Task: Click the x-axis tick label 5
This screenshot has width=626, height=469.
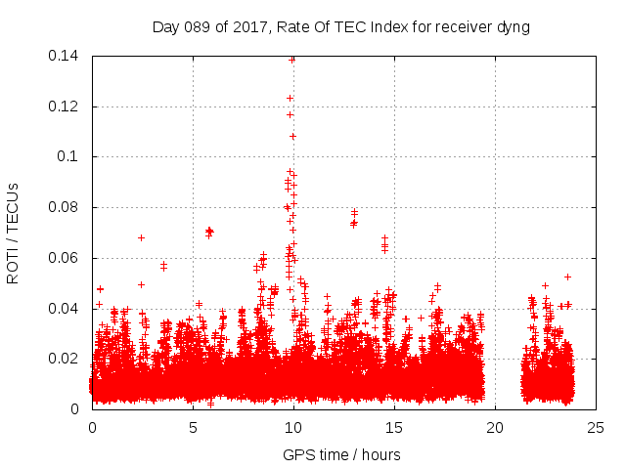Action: [x=193, y=427]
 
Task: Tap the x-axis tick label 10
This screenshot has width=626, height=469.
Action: [x=293, y=427]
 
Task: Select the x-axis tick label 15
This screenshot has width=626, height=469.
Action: [x=394, y=427]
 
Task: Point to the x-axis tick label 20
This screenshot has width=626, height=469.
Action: [x=495, y=427]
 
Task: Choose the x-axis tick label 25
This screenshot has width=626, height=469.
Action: [x=596, y=427]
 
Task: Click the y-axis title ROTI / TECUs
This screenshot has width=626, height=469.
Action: [x=14, y=233]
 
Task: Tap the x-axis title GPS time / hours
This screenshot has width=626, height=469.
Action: [x=341, y=454]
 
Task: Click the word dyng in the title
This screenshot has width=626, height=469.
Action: [x=512, y=27]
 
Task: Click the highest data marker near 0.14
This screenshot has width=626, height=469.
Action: [x=292, y=59]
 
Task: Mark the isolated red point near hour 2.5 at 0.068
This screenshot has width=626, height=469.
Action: [x=142, y=237]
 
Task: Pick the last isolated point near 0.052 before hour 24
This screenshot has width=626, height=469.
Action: [x=567, y=277]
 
